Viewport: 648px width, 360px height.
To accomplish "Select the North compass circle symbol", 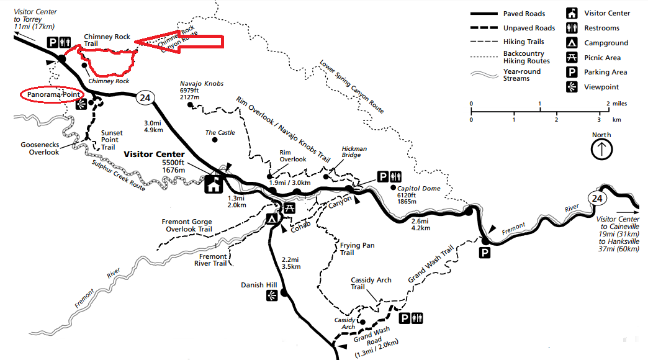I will pos(601,149).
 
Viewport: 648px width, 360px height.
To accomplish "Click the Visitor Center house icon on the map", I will pos(214,184).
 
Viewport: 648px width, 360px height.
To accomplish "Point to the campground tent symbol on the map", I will pos(272,218).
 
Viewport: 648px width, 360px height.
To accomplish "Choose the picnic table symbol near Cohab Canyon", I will pos(289,207).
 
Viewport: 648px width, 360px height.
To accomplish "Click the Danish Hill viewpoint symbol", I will pos(271,297).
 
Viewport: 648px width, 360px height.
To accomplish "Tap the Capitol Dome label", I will pos(419,188).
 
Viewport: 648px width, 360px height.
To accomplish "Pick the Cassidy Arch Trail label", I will pos(371,284).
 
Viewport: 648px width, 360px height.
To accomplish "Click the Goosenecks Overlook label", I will pos(39,148).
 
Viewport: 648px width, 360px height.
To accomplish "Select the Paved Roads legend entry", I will pos(524,14).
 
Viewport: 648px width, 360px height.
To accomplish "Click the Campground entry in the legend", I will pos(606,43).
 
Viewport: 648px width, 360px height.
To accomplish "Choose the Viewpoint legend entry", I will pos(601,88).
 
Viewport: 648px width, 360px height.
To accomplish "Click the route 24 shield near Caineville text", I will pos(597,199).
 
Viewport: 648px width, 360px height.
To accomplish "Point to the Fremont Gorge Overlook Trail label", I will pos(187,225).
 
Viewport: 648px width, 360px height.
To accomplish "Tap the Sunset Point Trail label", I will pos(112,140).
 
